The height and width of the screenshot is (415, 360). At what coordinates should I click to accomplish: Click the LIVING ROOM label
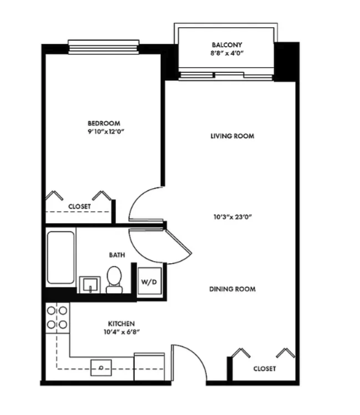click(x=232, y=136)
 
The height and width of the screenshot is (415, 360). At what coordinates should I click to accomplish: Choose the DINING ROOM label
click(x=232, y=288)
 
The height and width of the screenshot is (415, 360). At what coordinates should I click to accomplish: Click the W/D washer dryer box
click(x=149, y=282)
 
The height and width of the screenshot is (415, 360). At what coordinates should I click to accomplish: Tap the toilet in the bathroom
click(x=115, y=281)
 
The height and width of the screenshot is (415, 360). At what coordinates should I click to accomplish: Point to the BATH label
click(x=117, y=255)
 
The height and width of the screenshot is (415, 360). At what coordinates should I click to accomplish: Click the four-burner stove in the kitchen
click(x=57, y=317)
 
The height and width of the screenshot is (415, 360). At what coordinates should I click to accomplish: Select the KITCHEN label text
click(x=121, y=324)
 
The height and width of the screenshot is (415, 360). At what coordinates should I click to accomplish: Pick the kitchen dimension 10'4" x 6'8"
click(x=121, y=333)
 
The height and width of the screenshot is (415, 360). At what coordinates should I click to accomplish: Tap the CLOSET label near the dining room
click(x=264, y=368)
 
